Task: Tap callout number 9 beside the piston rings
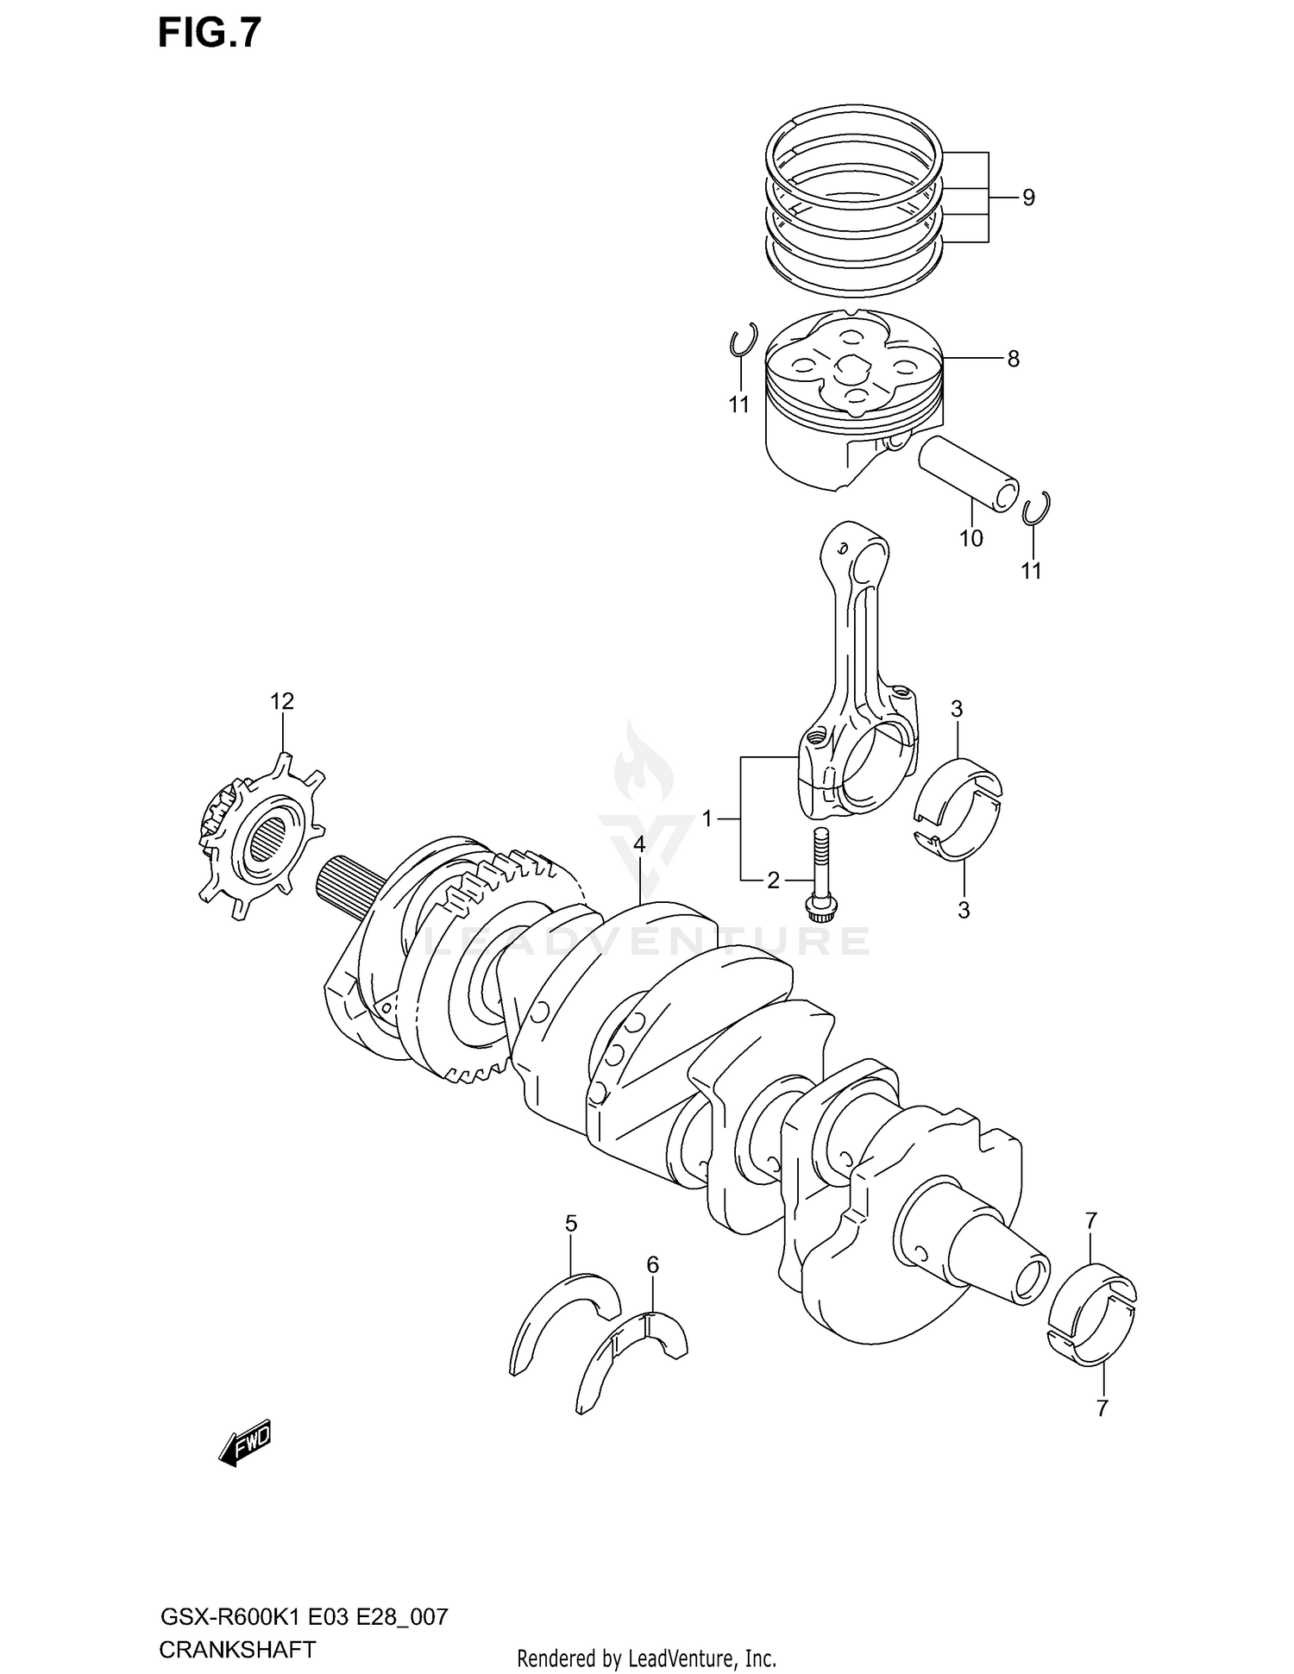pos(1027,197)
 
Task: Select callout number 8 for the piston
pos(1013,358)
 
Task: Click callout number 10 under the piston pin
pos(970,538)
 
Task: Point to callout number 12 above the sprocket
pos(282,701)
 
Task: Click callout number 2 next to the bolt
pos(773,880)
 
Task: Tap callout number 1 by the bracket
pos(707,818)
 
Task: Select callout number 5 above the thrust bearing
pos(571,1223)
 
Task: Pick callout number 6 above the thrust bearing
pos(652,1264)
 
